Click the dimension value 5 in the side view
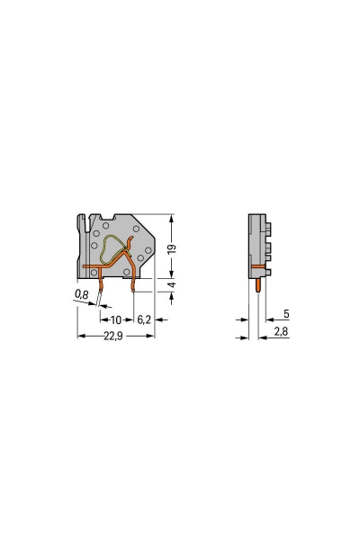(x=285, y=315)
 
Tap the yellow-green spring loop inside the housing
(x=111, y=249)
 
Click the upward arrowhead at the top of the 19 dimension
(x=171, y=218)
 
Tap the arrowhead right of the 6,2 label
(x=152, y=319)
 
